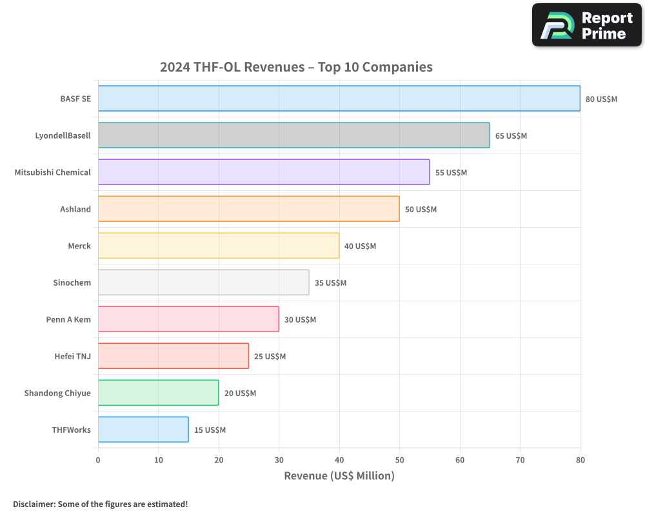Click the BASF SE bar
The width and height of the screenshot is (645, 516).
(x=339, y=99)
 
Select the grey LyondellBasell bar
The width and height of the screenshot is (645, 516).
(x=293, y=135)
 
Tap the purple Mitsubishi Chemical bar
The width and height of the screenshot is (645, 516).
(x=263, y=172)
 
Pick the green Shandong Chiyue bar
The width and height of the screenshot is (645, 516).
(x=158, y=393)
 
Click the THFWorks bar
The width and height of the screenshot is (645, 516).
(x=143, y=430)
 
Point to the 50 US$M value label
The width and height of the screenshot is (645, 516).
(x=421, y=210)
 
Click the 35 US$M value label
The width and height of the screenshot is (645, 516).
(x=330, y=283)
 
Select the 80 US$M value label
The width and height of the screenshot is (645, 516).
(x=601, y=99)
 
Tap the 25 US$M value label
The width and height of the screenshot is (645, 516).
(x=270, y=357)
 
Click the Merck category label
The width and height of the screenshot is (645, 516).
(x=79, y=246)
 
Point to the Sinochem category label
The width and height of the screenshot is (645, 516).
(x=72, y=283)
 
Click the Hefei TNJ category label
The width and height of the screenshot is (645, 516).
(x=72, y=356)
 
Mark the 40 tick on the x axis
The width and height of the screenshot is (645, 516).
(x=339, y=460)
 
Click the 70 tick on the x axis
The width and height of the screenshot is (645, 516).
(x=520, y=460)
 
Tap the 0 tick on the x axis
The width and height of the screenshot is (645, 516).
(x=98, y=460)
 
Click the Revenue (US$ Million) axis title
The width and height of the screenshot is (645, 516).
(x=339, y=476)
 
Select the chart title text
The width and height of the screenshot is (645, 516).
(x=296, y=67)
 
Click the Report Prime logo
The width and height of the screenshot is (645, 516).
(x=586, y=25)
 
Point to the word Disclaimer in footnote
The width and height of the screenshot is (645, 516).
(x=34, y=504)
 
